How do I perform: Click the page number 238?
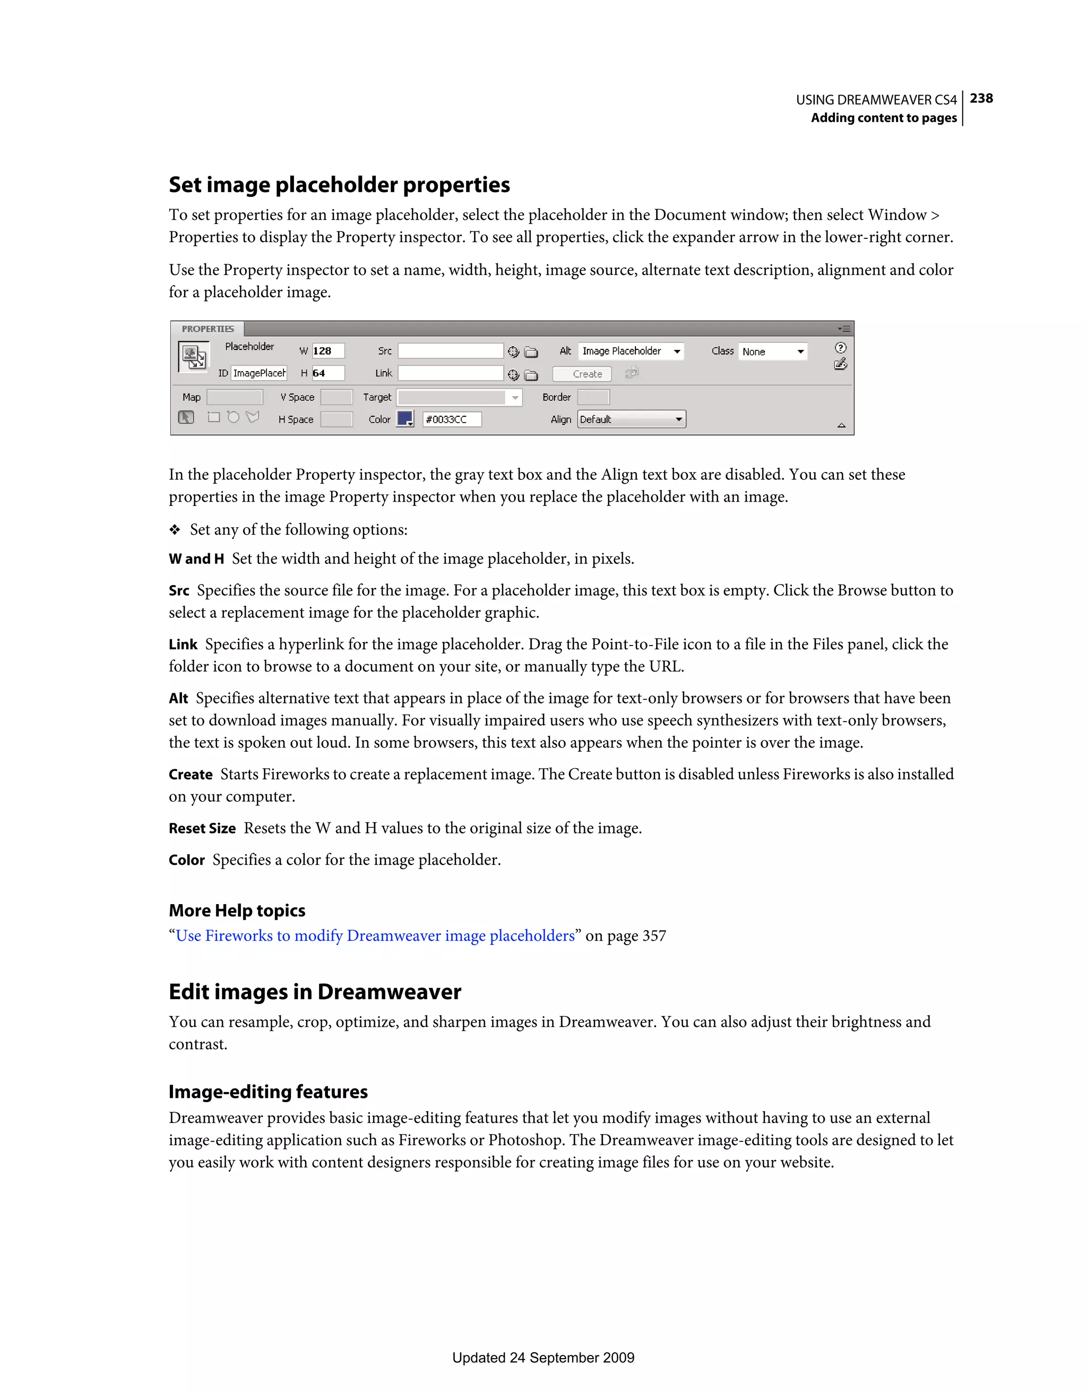(x=981, y=99)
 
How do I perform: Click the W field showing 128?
(x=328, y=351)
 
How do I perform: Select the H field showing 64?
(x=328, y=373)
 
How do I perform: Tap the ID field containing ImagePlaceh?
(x=259, y=373)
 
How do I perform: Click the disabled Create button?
(x=581, y=374)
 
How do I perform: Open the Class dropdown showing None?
(x=772, y=351)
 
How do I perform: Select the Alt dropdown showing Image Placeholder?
(x=631, y=351)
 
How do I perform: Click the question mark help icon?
(x=841, y=348)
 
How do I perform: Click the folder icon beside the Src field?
(x=531, y=352)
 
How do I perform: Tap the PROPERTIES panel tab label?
(x=208, y=329)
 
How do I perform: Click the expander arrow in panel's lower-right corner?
(x=841, y=425)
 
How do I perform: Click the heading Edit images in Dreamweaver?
(x=315, y=992)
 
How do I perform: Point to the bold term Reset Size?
(x=202, y=829)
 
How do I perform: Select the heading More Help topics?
(x=237, y=911)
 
